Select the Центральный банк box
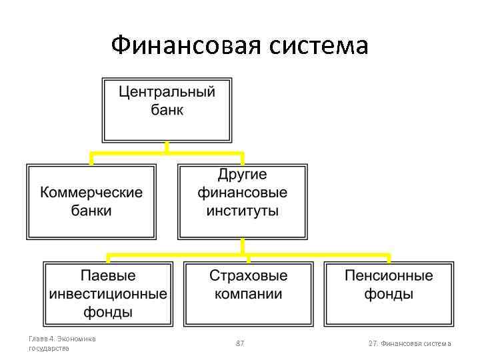coord(167,109)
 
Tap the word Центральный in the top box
coord(167,92)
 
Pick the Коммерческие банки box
coord(91,201)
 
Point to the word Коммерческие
coord(91,193)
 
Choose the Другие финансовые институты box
coord(242,201)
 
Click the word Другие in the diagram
coord(242,175)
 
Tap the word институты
coord(242,211)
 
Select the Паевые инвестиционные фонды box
coord(108,293)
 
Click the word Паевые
coord(108,275)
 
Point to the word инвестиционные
coord(108,293)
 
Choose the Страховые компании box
coord(248,293)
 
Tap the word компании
coord(248,294)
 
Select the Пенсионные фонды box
coord(389,293)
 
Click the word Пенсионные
coord(389,275)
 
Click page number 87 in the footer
coord(240,343)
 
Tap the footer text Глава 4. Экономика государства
coord(62,343)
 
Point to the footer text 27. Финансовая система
coord(409,343)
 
